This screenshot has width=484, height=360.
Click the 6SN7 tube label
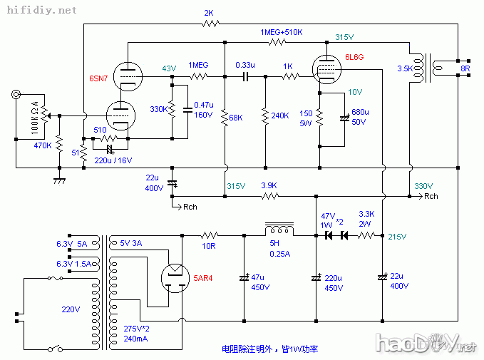[100, 76]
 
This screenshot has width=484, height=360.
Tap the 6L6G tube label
[355, 56]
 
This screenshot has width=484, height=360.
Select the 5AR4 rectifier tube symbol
[175, 279]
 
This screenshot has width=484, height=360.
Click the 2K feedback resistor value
[209, 13]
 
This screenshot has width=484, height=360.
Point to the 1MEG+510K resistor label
[282, 33]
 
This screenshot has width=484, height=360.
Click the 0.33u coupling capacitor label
[246, 65]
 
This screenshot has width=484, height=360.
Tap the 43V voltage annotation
[169, 68]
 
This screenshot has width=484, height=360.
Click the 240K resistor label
[280, 115]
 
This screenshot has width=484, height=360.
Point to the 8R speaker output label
[465, 69]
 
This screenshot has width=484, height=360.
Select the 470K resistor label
[43, 145]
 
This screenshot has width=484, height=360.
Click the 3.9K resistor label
[269, 185]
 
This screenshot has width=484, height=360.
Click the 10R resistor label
[209, 246]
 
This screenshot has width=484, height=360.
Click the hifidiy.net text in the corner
[40, 11]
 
